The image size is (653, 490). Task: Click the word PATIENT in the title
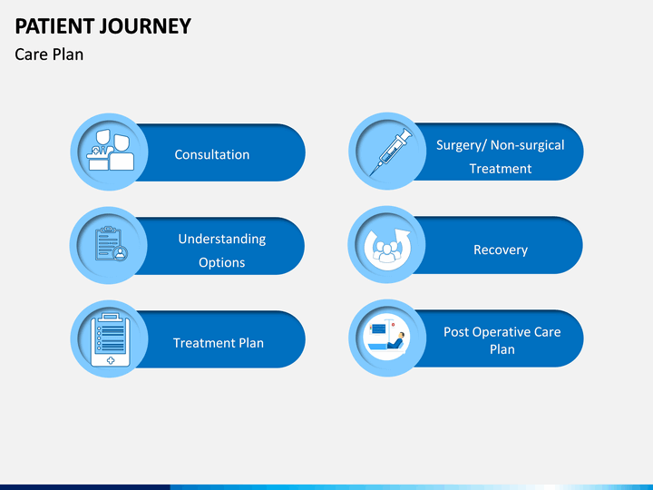click(x=54, y=26)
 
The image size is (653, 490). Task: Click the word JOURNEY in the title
click(x=145, y=26)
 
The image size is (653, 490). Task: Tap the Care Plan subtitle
click(x=49, y=54)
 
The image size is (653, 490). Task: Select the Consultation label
click(x=212, y=154)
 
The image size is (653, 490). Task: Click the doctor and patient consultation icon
click(x=111, y=150)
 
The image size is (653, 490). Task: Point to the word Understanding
click(x=222, y=240)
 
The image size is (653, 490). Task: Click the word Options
click(x=222, y=262)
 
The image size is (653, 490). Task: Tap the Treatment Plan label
click(x=219, y=343)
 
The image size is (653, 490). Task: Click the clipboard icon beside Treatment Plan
click(x=111, y=340)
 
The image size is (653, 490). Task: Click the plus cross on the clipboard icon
click(x=111, y=360)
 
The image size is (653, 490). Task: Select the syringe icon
click(x=390, y=152)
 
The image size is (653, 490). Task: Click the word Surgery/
click(x=462, y=145)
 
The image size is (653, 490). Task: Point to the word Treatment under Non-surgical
click(x=501, y=169)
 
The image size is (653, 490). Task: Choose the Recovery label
click(x=501, y=250)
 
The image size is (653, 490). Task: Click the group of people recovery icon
click(x=387, y=249)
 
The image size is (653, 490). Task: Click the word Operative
click(x=502, y=332)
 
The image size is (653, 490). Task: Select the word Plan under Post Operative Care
click(x=502, y=349)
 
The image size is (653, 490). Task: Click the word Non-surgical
click(x=527, y=145)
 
